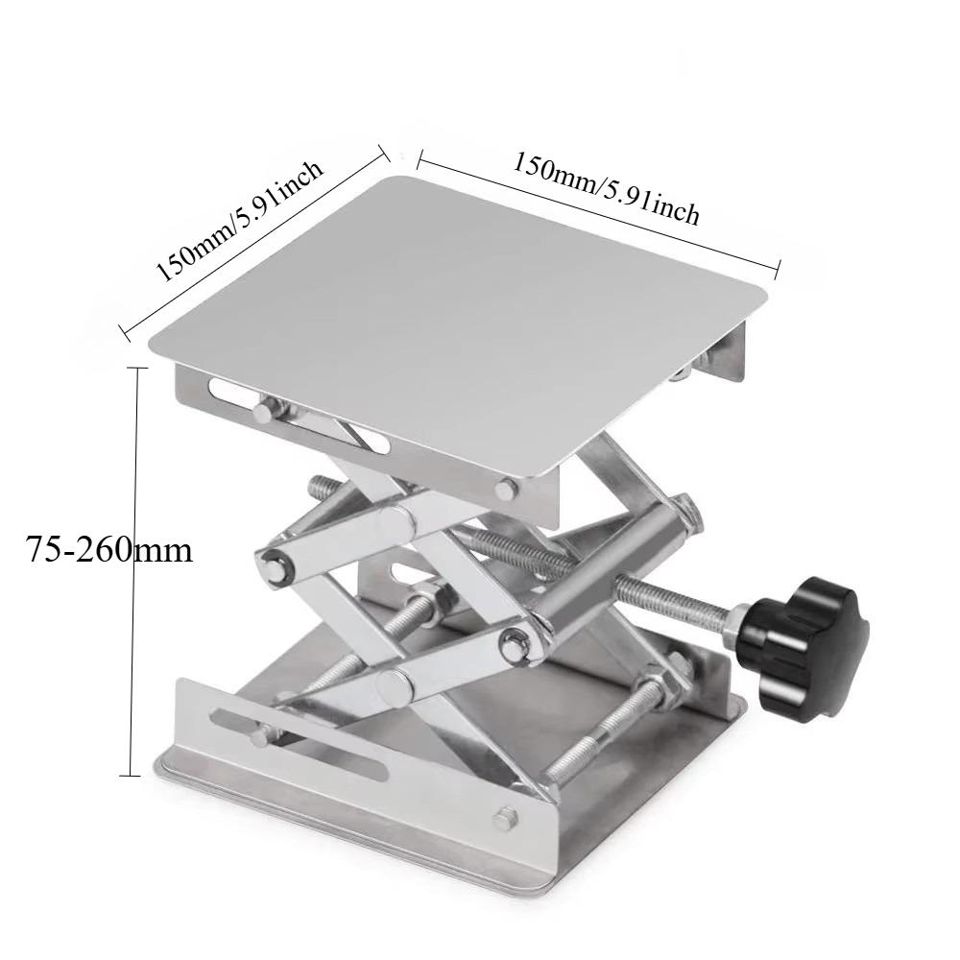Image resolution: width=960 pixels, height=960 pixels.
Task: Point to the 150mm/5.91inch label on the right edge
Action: [x=607, y=187]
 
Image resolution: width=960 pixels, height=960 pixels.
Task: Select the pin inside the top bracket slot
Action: [x=262, y=410]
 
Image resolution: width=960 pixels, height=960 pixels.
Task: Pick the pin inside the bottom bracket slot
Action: [x=261, y=737]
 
